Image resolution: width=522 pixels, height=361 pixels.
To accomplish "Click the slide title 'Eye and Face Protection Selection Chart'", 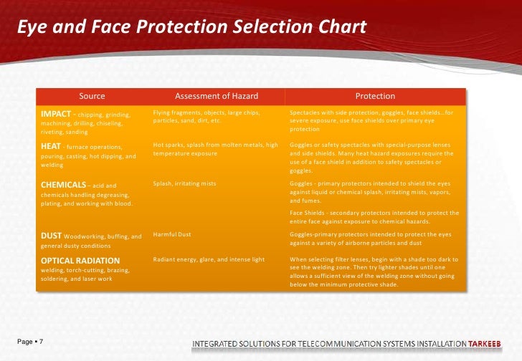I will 192,27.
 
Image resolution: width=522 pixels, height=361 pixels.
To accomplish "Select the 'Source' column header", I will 92,96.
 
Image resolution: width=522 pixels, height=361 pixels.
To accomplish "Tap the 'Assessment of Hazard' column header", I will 217,96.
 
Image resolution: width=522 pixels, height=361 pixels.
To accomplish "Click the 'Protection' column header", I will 375,96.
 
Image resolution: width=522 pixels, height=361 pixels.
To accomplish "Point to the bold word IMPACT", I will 56,113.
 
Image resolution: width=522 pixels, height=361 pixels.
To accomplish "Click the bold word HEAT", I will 50,145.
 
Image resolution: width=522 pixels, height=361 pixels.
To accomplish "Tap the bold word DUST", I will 51,235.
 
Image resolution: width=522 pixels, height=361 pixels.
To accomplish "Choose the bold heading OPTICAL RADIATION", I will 80,260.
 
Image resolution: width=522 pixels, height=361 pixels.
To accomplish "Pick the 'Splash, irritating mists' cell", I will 185,183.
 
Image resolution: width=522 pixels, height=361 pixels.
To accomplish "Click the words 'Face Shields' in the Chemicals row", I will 308,213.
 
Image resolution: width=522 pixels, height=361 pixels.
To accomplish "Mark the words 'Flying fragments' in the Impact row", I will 171,112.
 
